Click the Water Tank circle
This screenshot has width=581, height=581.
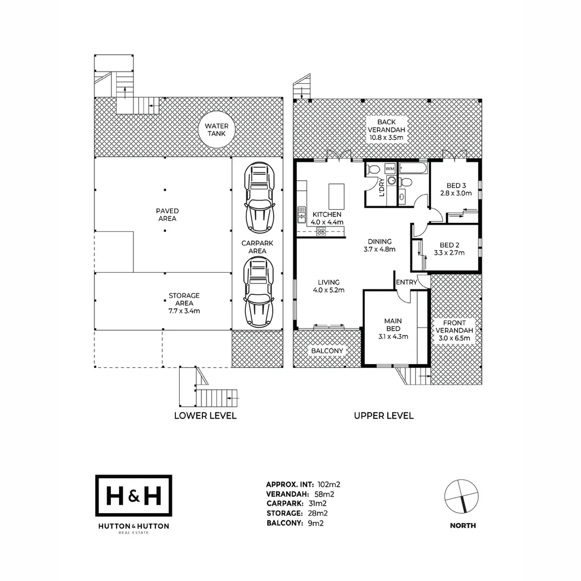click(x=216, y=130)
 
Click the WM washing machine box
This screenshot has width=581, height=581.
click(x=390, y=169)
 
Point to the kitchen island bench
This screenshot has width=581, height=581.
click(x=336, y=196)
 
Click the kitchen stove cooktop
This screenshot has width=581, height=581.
click(x=321, y=231)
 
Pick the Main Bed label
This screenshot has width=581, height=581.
click(x=393, y=325)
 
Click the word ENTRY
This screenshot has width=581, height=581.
click(x=406, y=282)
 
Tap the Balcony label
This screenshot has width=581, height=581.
click(x=327, y=351)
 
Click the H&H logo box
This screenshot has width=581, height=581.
click(x=133, y=496)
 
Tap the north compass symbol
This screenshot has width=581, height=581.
click(x=462, y=495)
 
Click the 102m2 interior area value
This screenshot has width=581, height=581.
click(x=329, y=484)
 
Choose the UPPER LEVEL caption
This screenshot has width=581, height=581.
click(x=384, y=415)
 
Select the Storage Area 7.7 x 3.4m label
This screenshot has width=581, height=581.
click(x=184, y=303)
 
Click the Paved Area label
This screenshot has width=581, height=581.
click(x=167, y=215)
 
